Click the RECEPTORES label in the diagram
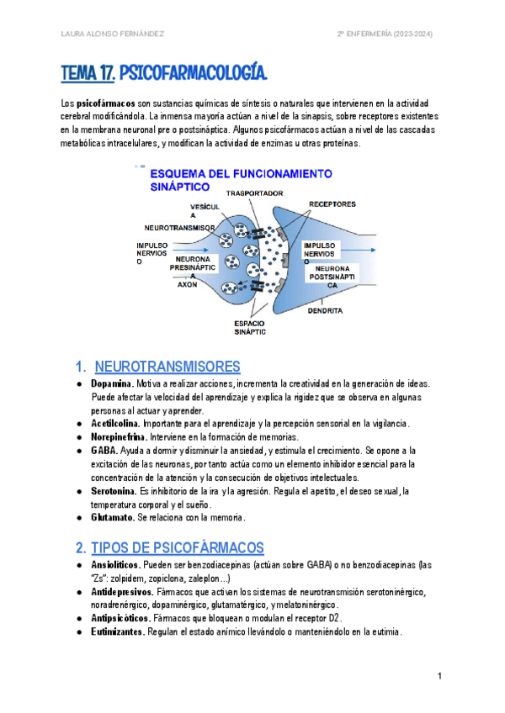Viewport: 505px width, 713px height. [332, 203]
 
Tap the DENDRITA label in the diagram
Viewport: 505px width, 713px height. [325, 310]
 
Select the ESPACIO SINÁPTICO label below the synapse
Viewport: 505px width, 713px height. [251, 326]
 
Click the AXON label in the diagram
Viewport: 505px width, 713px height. [187, 285]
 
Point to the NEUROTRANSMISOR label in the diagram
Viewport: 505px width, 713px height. [179, 228]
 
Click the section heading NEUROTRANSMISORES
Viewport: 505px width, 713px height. [167, 367]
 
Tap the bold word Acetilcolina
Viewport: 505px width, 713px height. [116, 423]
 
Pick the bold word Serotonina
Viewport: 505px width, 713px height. [114, 490]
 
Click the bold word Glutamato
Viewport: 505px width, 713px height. [114, 517]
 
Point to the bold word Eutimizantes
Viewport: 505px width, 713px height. [117, 633]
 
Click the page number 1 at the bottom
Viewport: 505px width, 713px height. [439, 677]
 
